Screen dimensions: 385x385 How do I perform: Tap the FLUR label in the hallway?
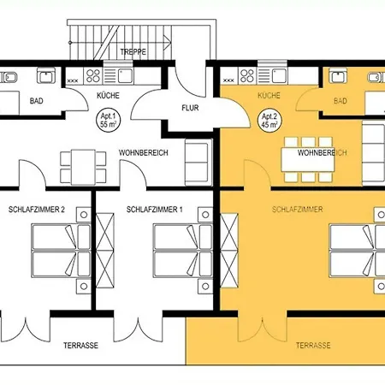click(x=190, y=109)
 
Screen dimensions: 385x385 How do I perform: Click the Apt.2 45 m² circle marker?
click(x=269, y=120)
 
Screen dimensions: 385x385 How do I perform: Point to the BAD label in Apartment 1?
click(x=38, y=100)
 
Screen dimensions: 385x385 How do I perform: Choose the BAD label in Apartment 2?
click(x=341, y=101)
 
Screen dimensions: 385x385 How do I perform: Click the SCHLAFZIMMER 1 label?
click(x=154, y=209)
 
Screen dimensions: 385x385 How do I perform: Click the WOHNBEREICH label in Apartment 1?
click(x=143, y=152)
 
